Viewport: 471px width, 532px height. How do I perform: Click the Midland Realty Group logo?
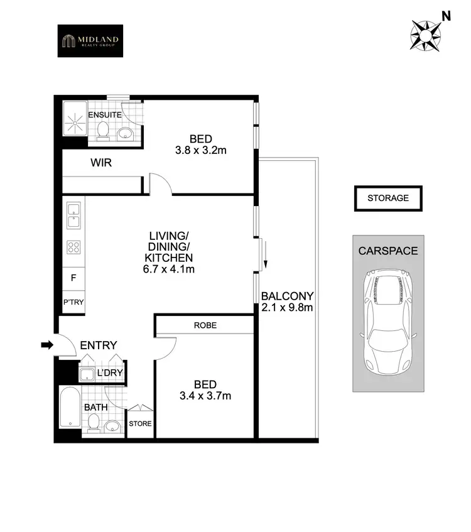[90, 41]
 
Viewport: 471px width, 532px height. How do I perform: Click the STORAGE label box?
[387, 198]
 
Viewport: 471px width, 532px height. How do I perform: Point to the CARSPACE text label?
[387, 251]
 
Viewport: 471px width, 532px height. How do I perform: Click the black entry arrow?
[47, 344]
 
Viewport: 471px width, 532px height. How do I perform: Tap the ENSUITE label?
[104, 115]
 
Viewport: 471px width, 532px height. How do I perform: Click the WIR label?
[101, 163]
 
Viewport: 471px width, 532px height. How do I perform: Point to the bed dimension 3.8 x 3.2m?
[201, 151]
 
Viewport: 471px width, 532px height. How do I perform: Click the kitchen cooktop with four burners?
[73, 247]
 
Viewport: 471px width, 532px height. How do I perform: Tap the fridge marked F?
[73, 276]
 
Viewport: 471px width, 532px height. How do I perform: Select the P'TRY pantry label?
[73, 302]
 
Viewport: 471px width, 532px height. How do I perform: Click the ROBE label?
[205, 325]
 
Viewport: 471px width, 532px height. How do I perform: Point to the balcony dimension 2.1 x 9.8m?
[287, 307]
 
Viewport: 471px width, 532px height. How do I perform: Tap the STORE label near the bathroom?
[140, 423]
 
